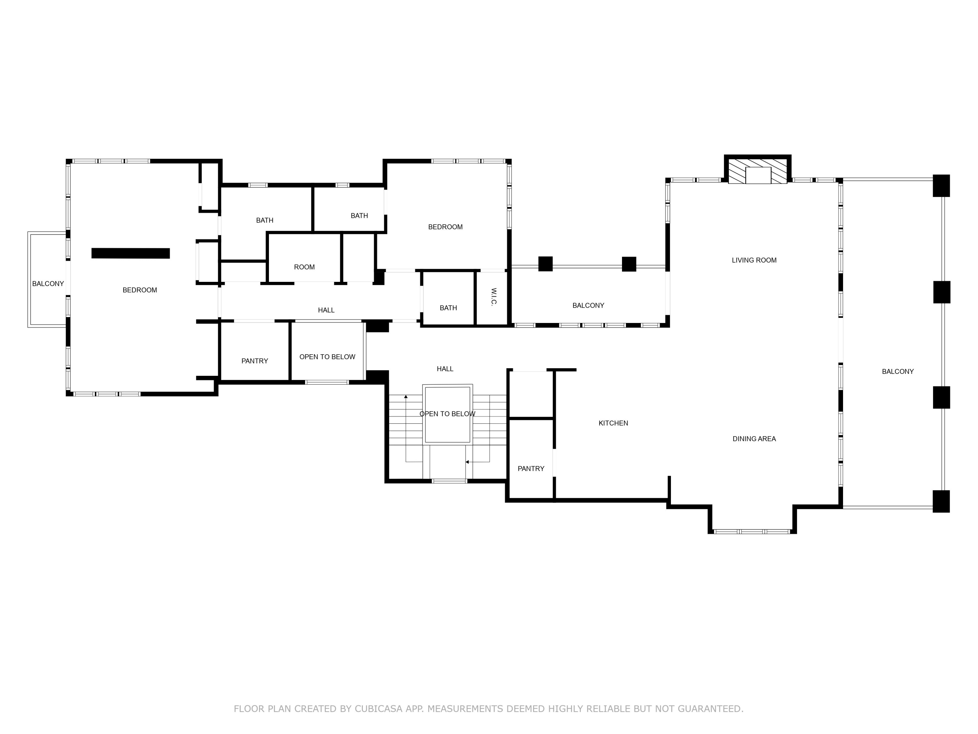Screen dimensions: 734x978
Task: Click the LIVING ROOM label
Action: [754, 260]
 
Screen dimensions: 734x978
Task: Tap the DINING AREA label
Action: [754, 439]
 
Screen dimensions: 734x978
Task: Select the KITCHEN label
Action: [613, 423]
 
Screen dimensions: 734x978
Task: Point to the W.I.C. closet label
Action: [494, 297]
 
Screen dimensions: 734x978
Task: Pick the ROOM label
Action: [304, 267]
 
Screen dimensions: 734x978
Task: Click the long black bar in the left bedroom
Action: [130, 253]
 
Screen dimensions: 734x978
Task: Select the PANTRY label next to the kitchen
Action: [530, 468]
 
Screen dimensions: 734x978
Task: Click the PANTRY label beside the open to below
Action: [254, 361]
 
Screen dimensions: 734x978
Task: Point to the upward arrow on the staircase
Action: [406, 397]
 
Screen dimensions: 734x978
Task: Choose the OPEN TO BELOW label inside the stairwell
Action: [447, 414]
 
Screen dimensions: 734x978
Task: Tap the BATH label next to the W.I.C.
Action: [448, 308]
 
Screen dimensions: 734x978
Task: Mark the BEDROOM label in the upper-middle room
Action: [445, 227]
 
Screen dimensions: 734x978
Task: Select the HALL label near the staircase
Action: [445, 369]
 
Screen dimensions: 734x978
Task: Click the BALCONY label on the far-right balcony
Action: [897, 372]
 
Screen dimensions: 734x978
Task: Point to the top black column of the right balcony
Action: [941, 186]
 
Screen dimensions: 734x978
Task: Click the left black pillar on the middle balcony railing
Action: [545, 264]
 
